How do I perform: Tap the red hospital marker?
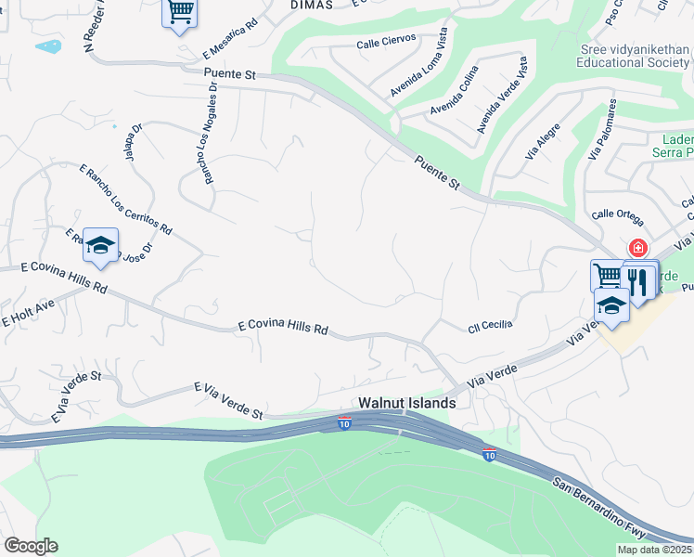click(x=638, y=248)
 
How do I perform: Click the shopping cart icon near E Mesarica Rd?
click(x=180, y=12)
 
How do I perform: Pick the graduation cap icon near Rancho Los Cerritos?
click(x=100, y=246)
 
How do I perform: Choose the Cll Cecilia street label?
click(x=490, y=324)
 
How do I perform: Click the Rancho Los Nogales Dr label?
click(x=211, y=131)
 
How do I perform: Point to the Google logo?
click(x=31, y=546)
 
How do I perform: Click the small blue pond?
click(x=47, y=45)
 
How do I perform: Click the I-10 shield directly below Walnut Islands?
click(x=344, y=422)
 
